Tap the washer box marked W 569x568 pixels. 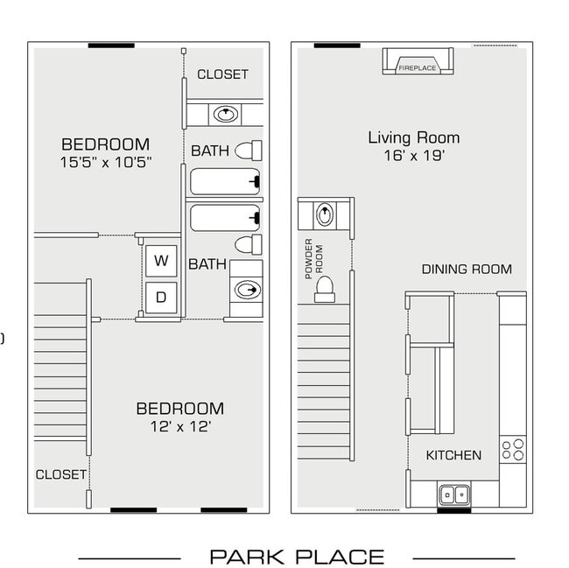point(161,260)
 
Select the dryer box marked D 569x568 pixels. point(161,297)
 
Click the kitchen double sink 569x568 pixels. point(453,494)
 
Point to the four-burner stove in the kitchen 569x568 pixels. point(512,450)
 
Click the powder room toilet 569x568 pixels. point(325,286)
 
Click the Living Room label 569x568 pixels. point(413,137)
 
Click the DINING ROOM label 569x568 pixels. point(467,270)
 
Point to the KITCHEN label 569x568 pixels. point(453,455)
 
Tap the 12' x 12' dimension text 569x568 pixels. point(179,427)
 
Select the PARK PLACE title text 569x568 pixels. point(297,557)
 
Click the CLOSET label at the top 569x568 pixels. point(222,75)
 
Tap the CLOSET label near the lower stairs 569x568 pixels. point(60,474)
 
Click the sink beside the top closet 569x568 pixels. point(227,113)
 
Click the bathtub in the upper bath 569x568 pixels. point(226,181)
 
